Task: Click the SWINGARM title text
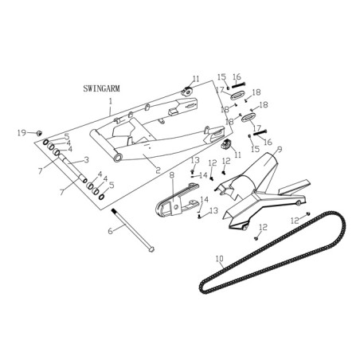101,88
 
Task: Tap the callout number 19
22,133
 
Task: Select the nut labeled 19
40,132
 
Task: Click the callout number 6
110,231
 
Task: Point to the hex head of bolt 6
151,249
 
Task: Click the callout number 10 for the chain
220,258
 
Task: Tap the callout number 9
279,150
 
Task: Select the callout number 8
172,175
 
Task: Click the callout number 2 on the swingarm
158,170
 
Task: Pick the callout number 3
86,160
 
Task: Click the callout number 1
111,101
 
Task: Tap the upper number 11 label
196,79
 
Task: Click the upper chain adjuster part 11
187,92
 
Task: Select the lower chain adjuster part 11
226,145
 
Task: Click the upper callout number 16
237,77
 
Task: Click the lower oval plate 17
248,117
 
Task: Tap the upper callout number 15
221,77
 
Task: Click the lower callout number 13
213,210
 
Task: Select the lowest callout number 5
112,185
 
